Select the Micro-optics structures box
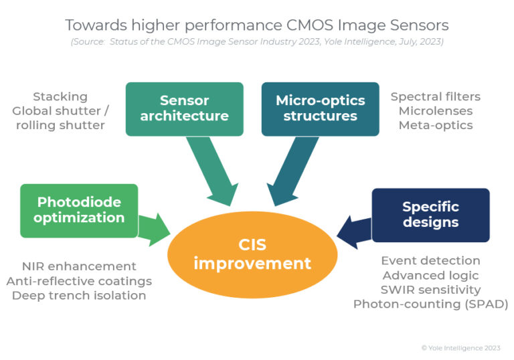pos(320,108)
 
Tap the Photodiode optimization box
pos(80,209)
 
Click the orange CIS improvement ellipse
pos(252,254)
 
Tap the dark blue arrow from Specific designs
pos(353,230)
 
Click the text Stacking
pos(60,97)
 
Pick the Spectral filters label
pos(435,97)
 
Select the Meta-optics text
pos(435,125)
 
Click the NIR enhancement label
pos(79,266)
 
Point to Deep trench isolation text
pos(79,295)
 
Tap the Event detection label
pos(430,260)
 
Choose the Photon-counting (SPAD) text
pos(430,304)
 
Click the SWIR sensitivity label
pos(430,290)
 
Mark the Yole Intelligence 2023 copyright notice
pos(460,348)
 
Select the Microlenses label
pos(435,111)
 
